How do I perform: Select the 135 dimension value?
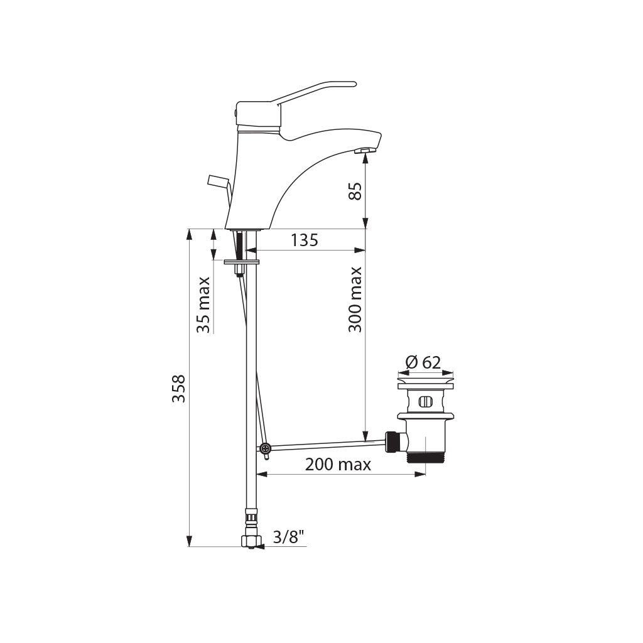coord(305,240)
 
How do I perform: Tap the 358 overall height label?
coord(179,388)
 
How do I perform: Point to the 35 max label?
coord(203,305)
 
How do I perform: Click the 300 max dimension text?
coord(355,300)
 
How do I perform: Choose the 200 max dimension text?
coord(338,465)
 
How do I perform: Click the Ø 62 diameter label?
coord(423,362)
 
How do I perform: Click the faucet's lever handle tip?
coord(353,84)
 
